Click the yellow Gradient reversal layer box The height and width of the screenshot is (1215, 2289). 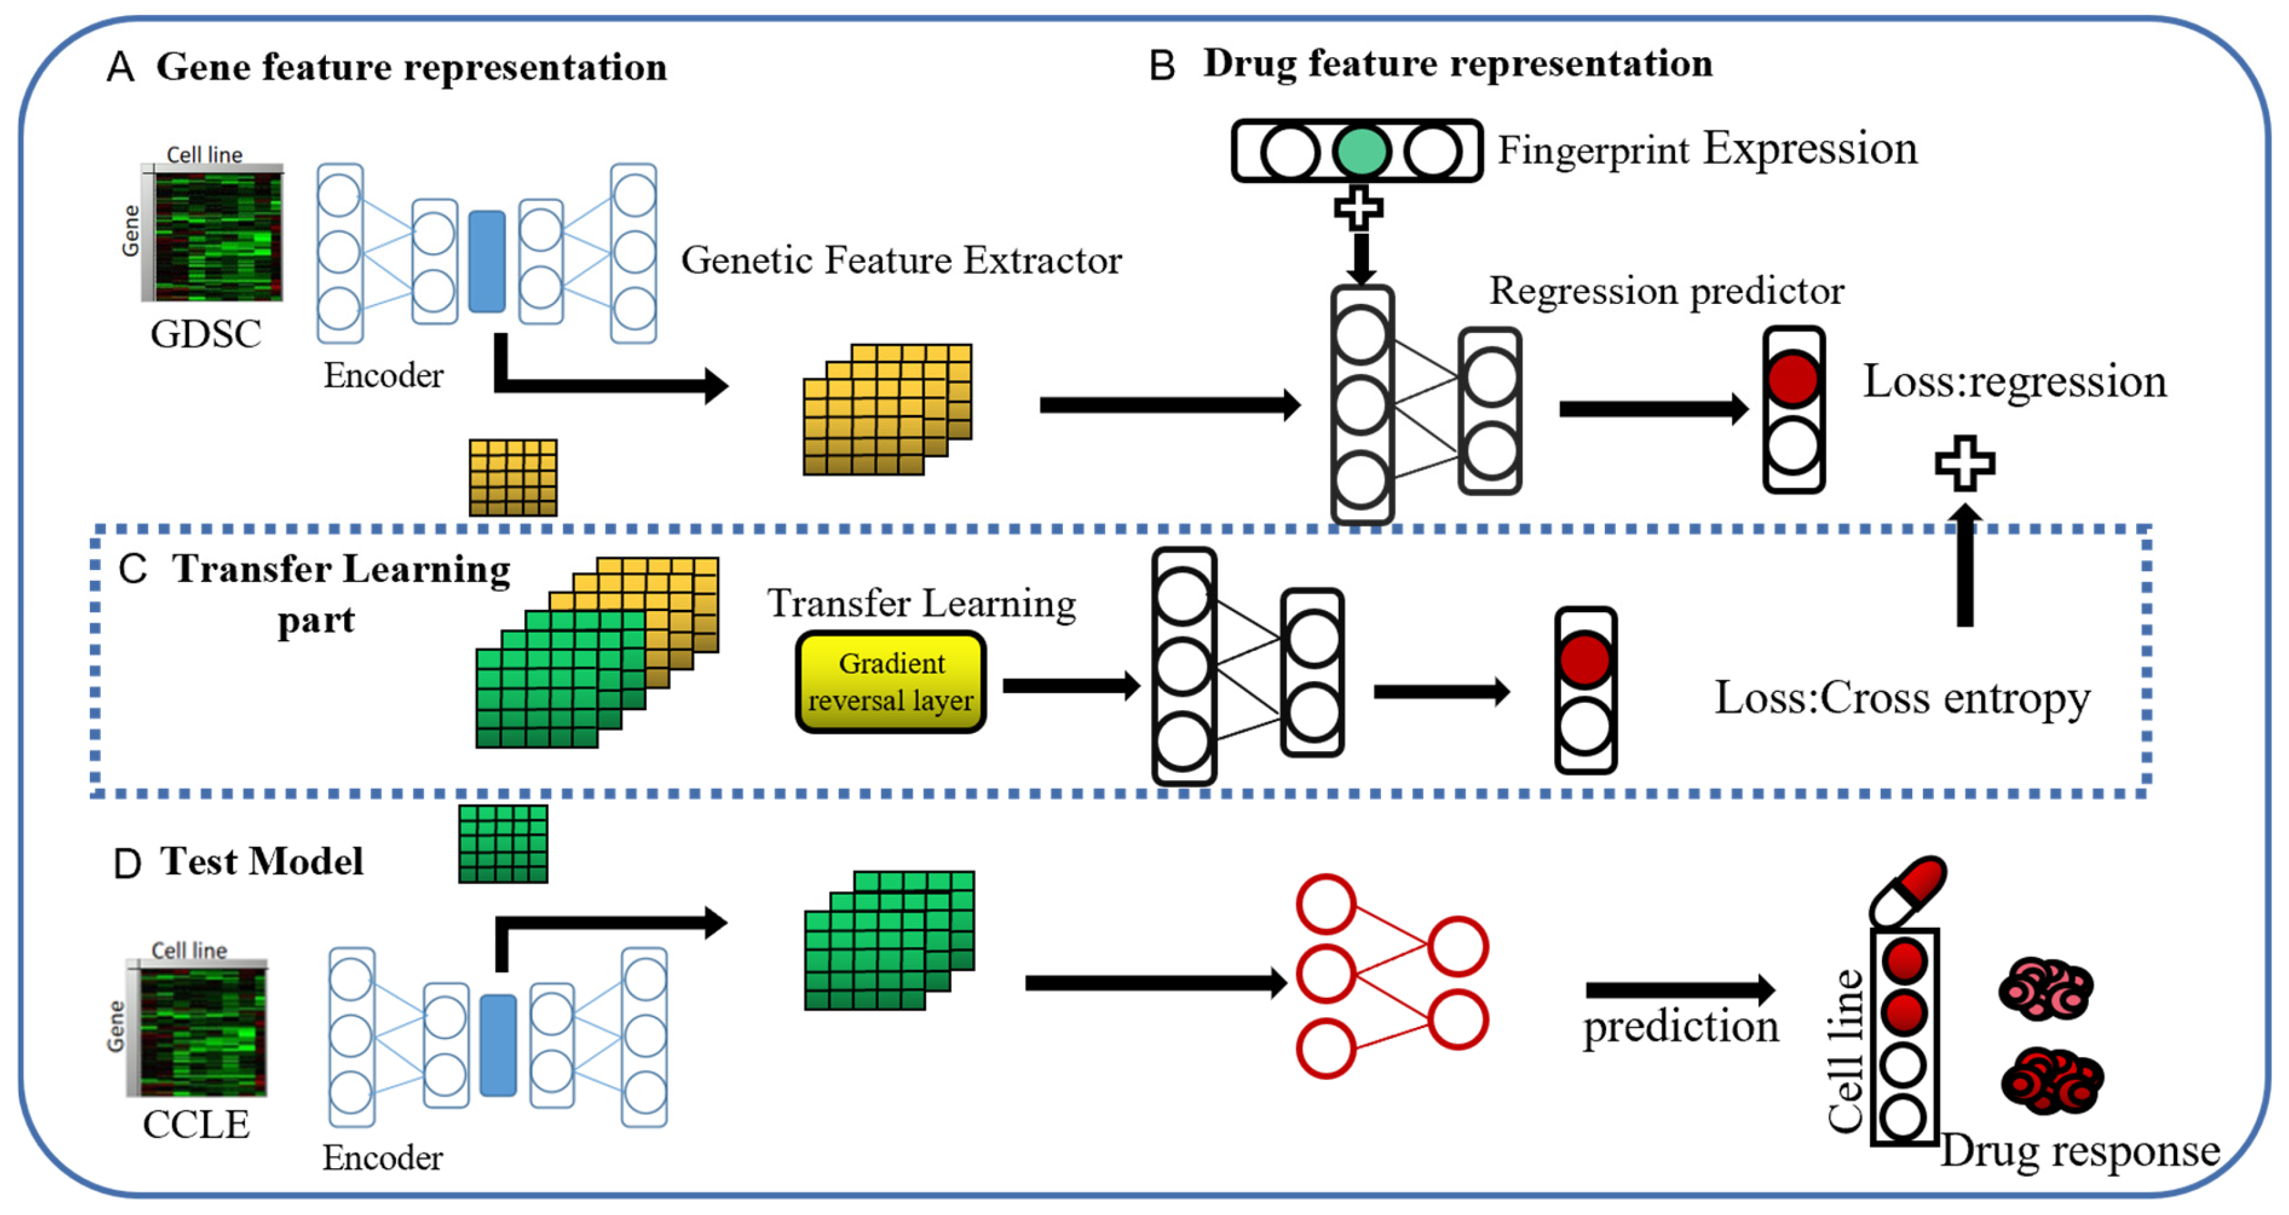click(891, 682)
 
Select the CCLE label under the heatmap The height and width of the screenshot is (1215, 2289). click(196, 1124)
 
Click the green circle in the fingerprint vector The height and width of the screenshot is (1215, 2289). click(1361, 151)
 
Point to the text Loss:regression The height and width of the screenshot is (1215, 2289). click(2014, 381)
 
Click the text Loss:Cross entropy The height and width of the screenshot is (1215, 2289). click(1901, 698)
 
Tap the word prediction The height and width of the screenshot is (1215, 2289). click(1680, 1027)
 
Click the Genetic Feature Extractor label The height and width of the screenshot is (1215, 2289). click(901, 260)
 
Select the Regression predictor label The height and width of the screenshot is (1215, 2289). click(1666, 290)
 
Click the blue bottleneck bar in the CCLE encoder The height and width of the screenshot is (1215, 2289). click(498, 1045)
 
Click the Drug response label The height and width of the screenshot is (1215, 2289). click(2079, 1151)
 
